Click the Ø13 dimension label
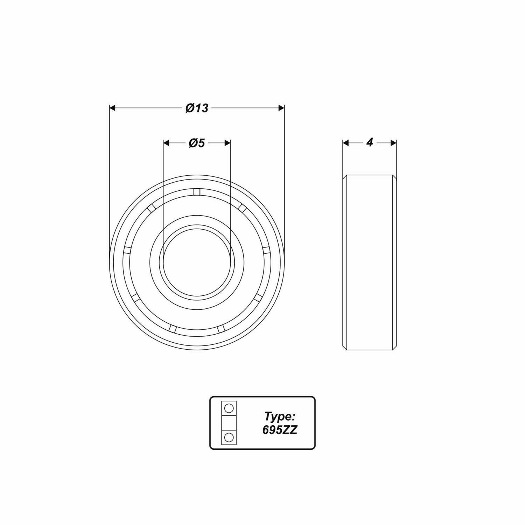[197, 108]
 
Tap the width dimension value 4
[370, 142]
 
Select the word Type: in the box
[280, 416]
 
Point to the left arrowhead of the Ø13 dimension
[113, 108]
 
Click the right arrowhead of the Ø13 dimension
[281, 108]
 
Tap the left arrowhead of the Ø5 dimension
[167, 143]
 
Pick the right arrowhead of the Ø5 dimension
[227, 143]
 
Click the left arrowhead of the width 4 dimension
[346, 143]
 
